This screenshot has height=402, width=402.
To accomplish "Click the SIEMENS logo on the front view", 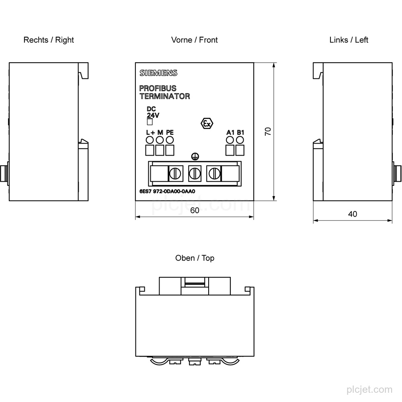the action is click(x=158, y=73).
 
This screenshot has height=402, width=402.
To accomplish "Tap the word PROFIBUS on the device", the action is click(x=158, y=88).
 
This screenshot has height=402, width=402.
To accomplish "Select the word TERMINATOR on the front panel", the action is click(x=164, y=96).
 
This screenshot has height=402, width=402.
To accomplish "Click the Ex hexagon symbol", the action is click(x=207, y=123).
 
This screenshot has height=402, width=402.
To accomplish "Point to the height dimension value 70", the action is click(x=268, y=131).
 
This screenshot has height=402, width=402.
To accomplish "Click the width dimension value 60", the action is click(x=195, y=211).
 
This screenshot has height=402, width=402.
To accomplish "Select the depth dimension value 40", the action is click(x=353, y=214).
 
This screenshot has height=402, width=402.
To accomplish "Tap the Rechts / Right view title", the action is click(x=49, y=40).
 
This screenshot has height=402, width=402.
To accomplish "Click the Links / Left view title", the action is click(x=349, y=40).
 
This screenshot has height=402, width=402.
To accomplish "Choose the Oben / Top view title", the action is click(x=195, y=258).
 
